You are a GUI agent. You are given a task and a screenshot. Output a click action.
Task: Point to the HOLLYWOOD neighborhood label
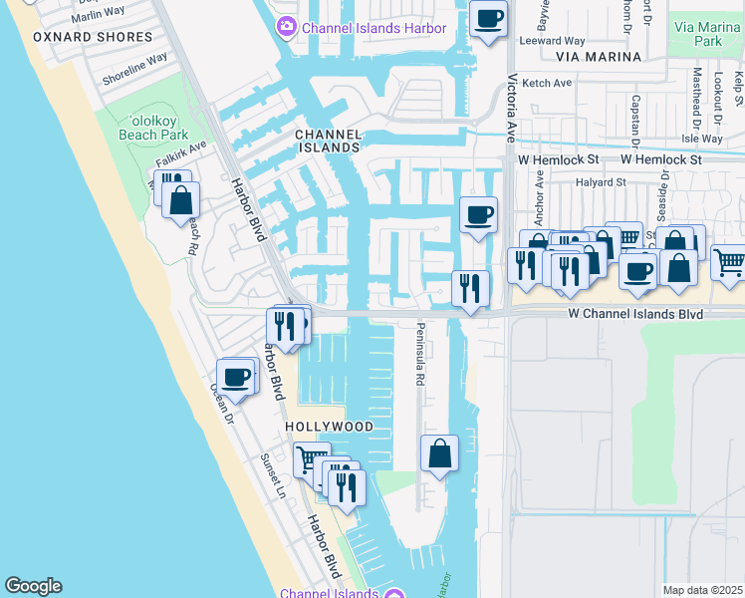tap(329, 427)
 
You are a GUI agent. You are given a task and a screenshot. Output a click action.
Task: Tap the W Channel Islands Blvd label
tap(635, 314)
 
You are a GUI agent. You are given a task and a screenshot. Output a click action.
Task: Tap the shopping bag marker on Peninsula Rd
tap(439, 454)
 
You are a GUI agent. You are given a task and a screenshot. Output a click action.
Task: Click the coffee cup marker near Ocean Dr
tap(235, 378)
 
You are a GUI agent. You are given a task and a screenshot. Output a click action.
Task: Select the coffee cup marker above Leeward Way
tap(488, 18)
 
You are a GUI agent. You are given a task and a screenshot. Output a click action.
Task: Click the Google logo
tap(33, 586)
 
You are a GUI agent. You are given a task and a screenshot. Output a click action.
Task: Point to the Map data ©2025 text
tap(703, 590)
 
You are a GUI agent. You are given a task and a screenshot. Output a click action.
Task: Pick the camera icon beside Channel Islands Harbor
tap(287, 27)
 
